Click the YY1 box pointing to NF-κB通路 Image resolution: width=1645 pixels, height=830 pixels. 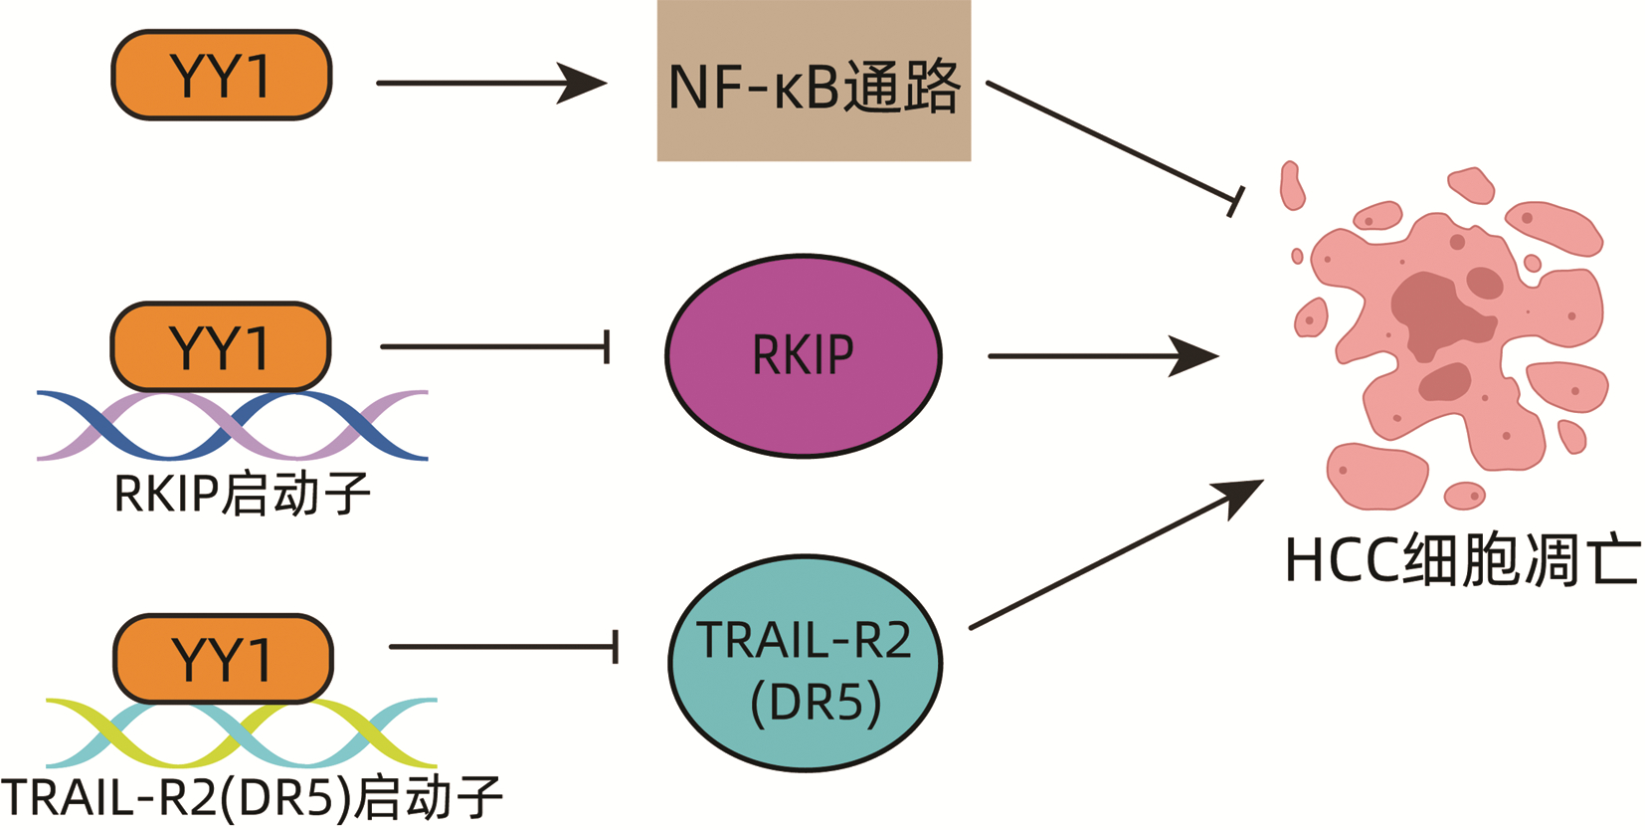[221, 76]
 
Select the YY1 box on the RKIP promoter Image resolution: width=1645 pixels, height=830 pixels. [220, 346]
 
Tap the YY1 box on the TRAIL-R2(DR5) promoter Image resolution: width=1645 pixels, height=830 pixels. [223, 659]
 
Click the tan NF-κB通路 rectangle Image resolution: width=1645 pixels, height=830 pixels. [814, 82]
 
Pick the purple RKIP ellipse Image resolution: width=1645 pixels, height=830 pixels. [803, 355]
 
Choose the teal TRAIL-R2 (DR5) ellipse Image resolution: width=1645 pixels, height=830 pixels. [805, 663]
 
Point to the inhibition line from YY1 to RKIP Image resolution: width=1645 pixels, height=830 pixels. [492, 346]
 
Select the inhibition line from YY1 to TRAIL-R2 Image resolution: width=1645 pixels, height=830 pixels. [502, 647]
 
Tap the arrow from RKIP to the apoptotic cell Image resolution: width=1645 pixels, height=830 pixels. [1094, 355]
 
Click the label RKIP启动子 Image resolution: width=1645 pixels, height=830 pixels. [242, 494]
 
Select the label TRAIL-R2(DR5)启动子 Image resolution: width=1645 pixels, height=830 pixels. [252, 798]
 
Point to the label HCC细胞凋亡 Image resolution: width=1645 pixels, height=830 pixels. [1461, 560]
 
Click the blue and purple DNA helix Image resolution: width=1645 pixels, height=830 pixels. [232, 426]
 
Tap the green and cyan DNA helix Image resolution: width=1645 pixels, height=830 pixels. [241, 732]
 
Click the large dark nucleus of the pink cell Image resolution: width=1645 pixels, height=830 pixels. [1437, 313]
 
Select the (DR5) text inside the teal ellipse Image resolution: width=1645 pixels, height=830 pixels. [816, 703]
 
